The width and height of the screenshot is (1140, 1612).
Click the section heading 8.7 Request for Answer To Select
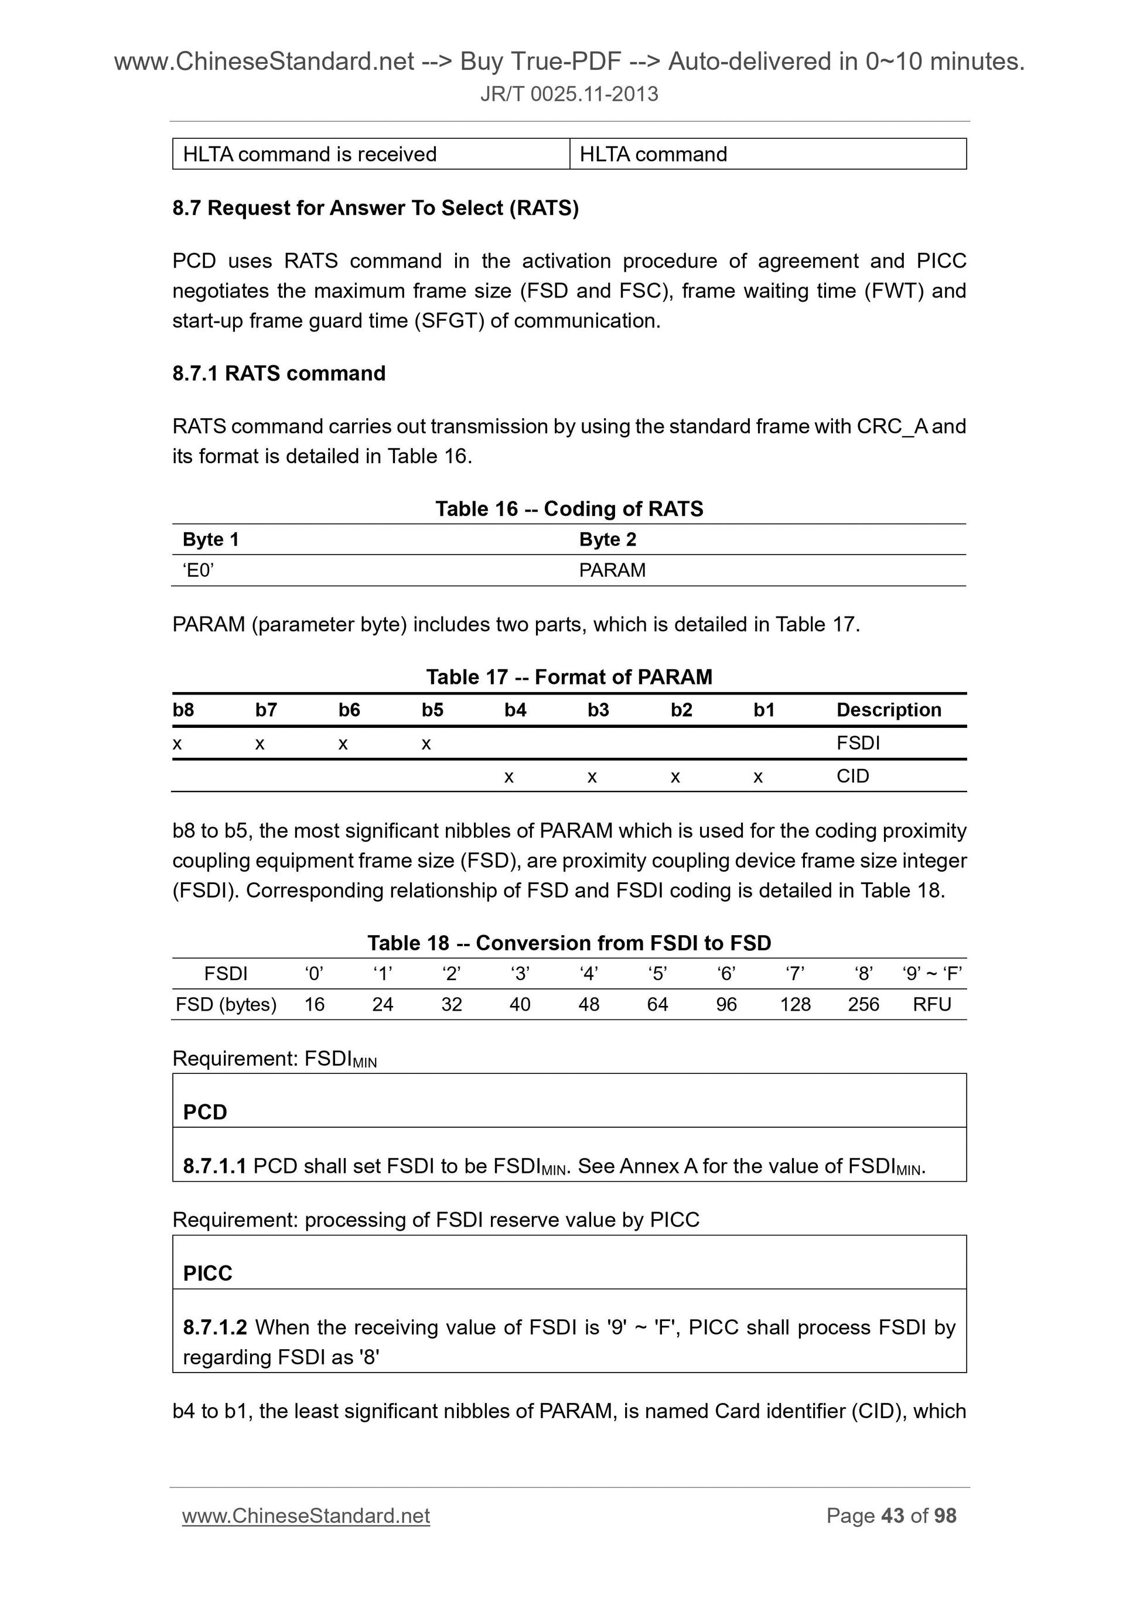click(375, 208)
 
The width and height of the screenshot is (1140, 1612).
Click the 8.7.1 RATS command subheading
click(279, 373)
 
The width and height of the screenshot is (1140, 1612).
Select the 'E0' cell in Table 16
click(198, 570)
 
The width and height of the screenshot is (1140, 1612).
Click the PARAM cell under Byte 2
click(612, 570)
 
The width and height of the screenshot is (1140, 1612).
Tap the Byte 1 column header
click(211, 539)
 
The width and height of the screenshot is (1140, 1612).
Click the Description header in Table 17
click(888, 710)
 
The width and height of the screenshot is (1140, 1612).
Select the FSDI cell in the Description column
click(858, 743)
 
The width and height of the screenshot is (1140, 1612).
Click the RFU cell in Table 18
click(931, 1004)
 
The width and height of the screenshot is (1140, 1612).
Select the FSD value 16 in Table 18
click(314, 1004)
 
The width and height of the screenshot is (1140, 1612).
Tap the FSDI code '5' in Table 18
click(657, 973)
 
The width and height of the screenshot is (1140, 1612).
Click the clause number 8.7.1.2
click(215, 1327)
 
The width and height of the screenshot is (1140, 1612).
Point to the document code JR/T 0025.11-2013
click(569, 94)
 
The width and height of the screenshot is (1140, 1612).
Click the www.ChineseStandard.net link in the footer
click(306, 1516)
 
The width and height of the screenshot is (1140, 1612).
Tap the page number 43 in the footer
click(892, 1516)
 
